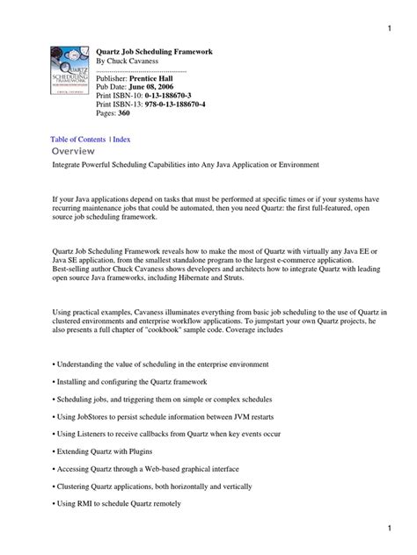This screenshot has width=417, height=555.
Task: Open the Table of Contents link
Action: pyautogui.click(x=77, y=140)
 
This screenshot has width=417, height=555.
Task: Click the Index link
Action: pyautogui.click(x=121, y=140)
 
